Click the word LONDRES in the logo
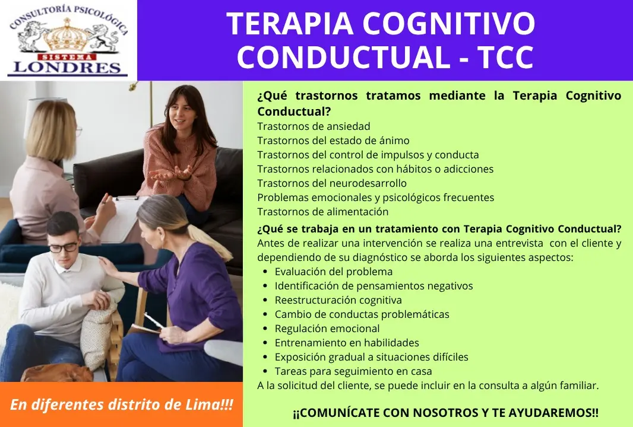tap(67, 67)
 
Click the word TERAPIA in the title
tap(290, 24)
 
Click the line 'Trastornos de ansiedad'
tap(314, 126)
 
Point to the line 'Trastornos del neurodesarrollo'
tap(332, 183)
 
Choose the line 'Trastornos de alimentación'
tap(323, 212)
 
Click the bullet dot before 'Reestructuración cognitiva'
tap(265, 300)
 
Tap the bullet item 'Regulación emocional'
tap(327, 329)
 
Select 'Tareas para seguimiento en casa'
tap(353, 371)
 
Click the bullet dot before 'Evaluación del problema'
tap(265, 272)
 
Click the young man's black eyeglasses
tap(64, 247)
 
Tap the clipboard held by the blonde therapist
tap(121, 218)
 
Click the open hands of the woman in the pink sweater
tap(170, 174)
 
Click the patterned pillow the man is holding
tap(97, 334)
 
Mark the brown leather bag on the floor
tap(56, 373)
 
